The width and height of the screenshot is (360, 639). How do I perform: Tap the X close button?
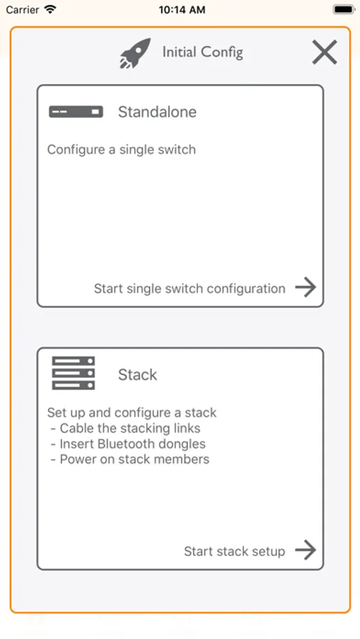coord(324,52)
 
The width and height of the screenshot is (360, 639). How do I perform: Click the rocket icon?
coord(135,53)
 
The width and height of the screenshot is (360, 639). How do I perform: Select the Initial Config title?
coord(202,53)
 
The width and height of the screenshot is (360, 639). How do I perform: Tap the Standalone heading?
coord(158,111)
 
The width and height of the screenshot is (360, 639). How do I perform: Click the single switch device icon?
coord(76,111)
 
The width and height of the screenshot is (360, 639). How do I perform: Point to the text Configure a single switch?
coord(121,150)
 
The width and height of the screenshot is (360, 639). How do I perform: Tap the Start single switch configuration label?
coord(190,288)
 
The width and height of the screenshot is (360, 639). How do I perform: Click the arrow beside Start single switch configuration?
coord(306,288)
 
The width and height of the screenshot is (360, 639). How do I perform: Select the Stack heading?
coord(137,374)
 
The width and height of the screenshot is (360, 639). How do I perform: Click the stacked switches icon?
coord(73,373)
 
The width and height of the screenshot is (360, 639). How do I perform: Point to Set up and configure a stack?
coord(131,413)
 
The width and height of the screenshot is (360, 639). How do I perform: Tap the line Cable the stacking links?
coord(126,428)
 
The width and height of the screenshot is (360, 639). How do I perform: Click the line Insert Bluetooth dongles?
coord(129,444)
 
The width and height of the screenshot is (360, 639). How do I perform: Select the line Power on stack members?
coord(130,459)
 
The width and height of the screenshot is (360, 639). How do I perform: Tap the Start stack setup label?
coord(234,552)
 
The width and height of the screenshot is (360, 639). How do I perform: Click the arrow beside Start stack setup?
coord(306,550)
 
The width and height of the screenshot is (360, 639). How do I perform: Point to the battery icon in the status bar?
coord(344,9)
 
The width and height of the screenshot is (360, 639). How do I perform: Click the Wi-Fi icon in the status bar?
coord(50,9)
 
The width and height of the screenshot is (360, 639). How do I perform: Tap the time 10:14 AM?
coord(182,10)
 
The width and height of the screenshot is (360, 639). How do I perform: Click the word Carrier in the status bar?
coord(23,10)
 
